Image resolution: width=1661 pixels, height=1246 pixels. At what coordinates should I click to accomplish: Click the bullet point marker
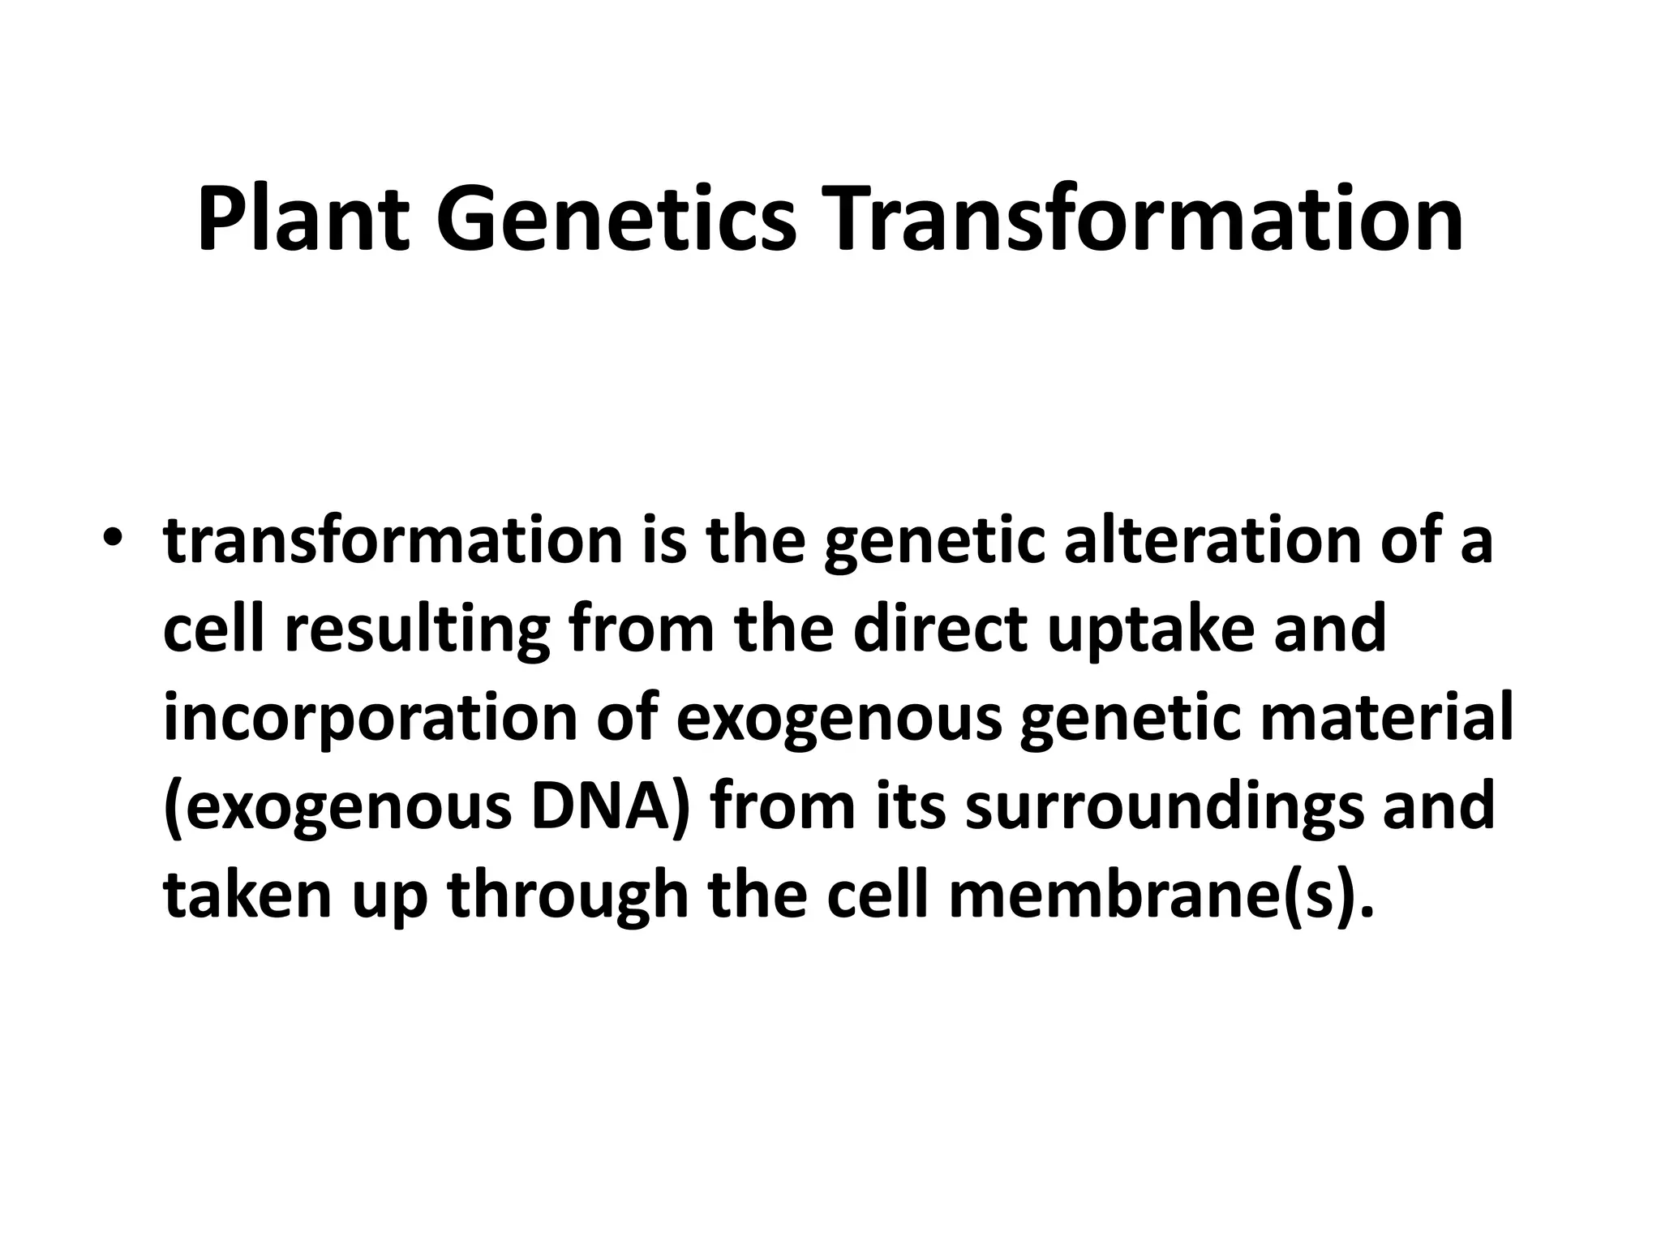click(x=113, y=540)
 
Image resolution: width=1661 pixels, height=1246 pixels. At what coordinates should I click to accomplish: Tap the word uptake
click(x=1151, y=630)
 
